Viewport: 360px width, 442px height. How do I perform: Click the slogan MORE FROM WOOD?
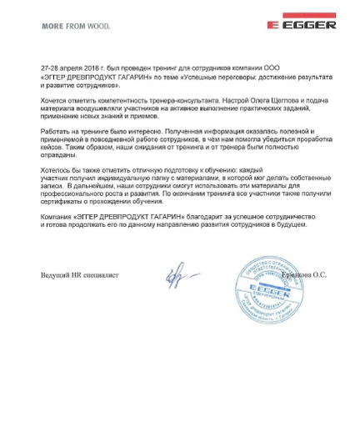[x=72, y=25]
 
